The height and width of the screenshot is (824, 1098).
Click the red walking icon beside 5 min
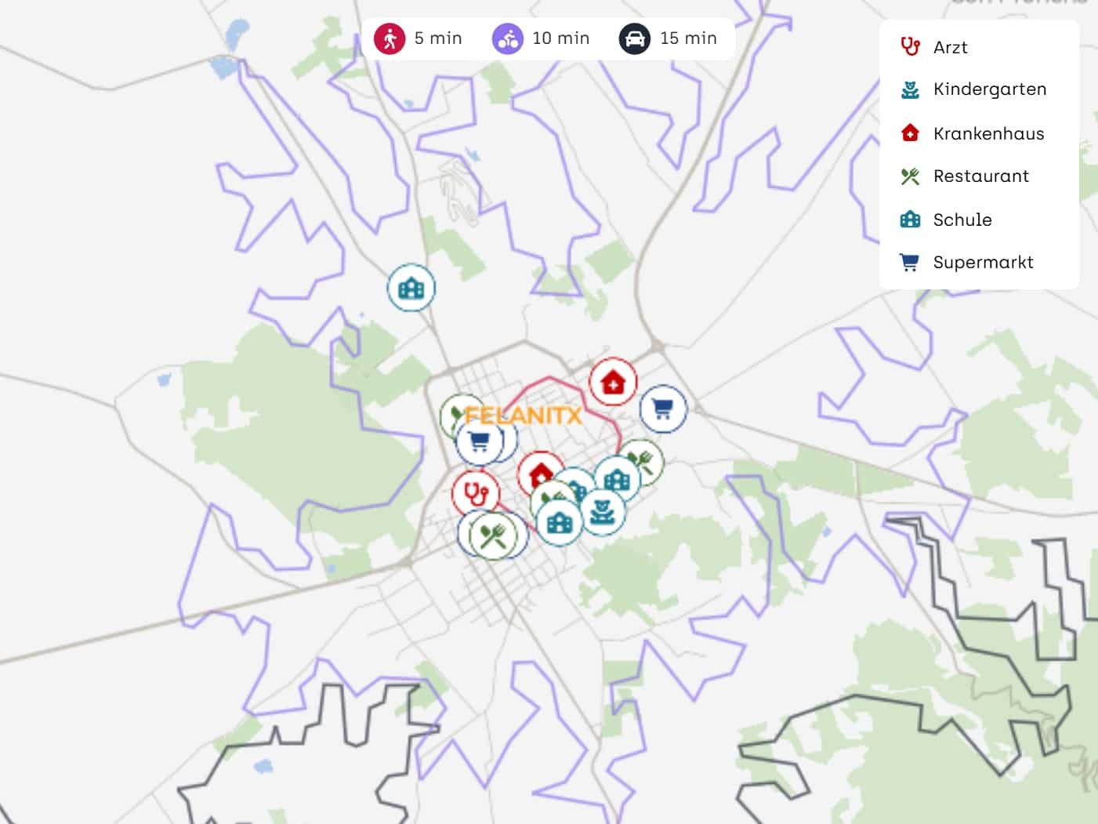click(389, 38)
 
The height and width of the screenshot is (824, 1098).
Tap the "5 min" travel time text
click(438, 38)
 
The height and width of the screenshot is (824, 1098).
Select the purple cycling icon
click(507, 38)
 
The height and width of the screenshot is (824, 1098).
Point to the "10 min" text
click(560, 38)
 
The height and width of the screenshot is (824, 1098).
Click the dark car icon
click(634, 38)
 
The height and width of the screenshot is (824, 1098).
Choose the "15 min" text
click(688, 38)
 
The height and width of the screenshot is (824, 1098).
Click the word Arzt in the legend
click(950, 48)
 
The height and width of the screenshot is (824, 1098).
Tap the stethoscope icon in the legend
click(910, 47)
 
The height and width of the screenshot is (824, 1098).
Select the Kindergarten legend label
click(989, 89)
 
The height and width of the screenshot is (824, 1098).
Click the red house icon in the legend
click(910, 132)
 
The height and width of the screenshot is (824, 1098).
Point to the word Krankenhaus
click(988, 134)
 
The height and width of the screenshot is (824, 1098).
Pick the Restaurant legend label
click(980, 176)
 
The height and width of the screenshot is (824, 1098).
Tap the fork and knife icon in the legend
click(910, 176)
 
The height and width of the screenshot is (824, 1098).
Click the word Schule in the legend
click(962, 220)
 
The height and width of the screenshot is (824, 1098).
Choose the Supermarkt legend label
click(983, 263)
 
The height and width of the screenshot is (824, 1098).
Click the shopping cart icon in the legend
click(910, 263)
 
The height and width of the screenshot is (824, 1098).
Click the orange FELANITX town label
click(523, 416)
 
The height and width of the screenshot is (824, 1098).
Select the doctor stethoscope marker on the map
click(475, 493)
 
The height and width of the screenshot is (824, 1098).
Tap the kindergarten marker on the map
click(602, 512)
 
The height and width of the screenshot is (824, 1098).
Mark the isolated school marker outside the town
click(411, 289)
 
